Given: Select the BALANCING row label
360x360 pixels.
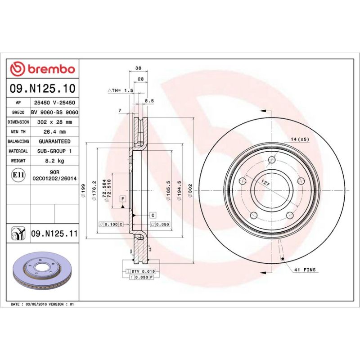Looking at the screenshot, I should (19, 141).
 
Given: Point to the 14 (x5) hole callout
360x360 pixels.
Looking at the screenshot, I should (299, 139).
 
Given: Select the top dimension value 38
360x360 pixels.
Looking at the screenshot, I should (139, 68).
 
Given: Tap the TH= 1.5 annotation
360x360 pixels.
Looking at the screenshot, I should (121, 90).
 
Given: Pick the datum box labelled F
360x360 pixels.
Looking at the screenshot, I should (121, 198).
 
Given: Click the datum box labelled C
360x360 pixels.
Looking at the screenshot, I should (153, 215).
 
